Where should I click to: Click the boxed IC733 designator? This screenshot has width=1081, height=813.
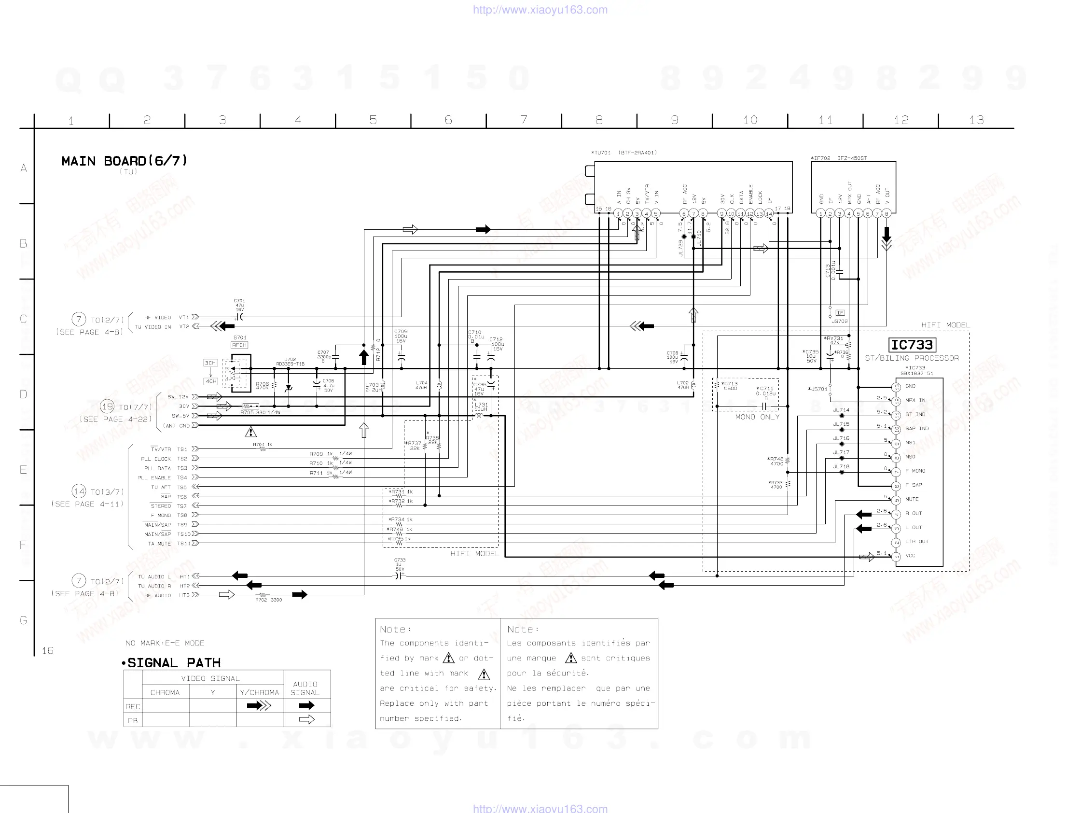[912, 345]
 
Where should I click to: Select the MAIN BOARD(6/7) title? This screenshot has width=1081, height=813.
[124, 161]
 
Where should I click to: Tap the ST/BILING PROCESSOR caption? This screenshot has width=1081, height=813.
[912, 358]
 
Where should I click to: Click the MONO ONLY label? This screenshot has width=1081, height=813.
[757, 417]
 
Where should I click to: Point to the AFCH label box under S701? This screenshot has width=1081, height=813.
[239, 345]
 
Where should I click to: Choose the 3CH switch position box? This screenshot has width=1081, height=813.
[210, 363]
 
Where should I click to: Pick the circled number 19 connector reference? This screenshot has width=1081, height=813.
[107, 406]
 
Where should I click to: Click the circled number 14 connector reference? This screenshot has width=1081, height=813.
[79, 491]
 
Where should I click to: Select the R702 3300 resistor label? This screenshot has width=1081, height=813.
[268, 600]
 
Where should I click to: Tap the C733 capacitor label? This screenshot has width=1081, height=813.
[400, 560]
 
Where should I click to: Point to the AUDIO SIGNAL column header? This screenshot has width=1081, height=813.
[305, 688]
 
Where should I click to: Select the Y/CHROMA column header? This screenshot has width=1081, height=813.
[260, 692]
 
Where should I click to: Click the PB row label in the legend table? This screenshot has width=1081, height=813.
[132, 721]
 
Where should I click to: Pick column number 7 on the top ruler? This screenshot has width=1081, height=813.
[524, 120]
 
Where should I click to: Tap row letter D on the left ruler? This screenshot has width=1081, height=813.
[23, 394]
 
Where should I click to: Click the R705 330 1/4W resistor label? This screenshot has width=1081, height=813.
[261, 412]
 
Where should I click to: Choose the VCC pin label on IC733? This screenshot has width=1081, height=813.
[911, 555]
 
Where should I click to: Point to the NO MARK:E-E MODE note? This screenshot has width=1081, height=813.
[165, 643]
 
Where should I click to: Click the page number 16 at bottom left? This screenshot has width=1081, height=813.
[47, 650]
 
